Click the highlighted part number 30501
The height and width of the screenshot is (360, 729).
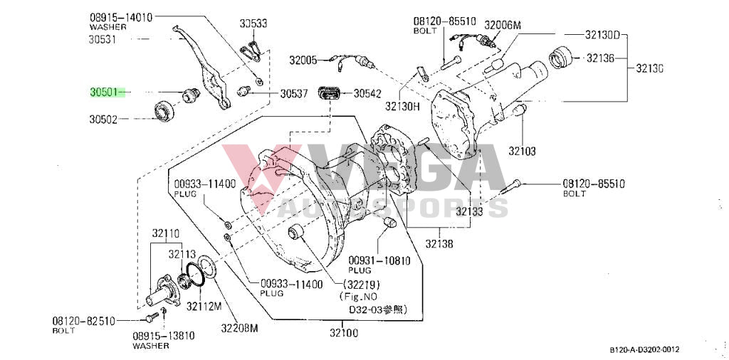click(x=104, y=92)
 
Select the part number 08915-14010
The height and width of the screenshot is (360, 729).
click(x=121, y=17)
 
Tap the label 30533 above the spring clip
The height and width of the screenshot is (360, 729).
click(x=253, y=23)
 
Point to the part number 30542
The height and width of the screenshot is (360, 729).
click(x=367, y=93)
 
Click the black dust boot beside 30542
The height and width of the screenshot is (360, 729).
click(x=329, y=93)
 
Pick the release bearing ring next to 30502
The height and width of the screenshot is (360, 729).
click(x=166, y=111)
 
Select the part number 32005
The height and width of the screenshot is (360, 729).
click(x=303, y=60)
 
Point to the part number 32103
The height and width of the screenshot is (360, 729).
click(x=522, y=151)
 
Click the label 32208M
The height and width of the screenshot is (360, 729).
click(x=238, y=328)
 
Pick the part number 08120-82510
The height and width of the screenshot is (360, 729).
click(x=83, y=321)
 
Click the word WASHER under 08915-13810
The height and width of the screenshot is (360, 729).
click(x=150, y=346)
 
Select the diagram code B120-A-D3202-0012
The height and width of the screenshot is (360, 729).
click(x=644, y=349)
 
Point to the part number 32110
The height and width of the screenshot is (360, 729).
click(x=164, y=233)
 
